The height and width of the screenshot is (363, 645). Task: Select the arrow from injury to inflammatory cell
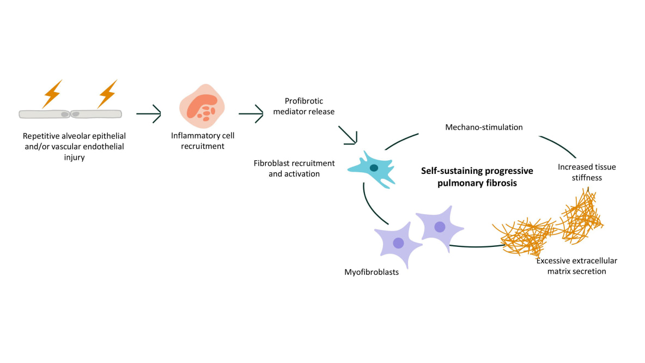point(149,114)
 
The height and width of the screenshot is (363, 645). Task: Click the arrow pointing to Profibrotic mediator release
point(251,114)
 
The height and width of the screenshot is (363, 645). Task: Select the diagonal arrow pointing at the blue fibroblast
point(348,136)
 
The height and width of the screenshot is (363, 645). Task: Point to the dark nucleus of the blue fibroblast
point(374,167)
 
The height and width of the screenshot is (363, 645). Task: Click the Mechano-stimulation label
point(484,128)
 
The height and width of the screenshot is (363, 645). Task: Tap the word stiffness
point(587,177)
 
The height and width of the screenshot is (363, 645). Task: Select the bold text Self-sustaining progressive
point(477,171)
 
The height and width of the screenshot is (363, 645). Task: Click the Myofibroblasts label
point(372,271)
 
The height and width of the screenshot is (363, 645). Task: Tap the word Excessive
point(554,261)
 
